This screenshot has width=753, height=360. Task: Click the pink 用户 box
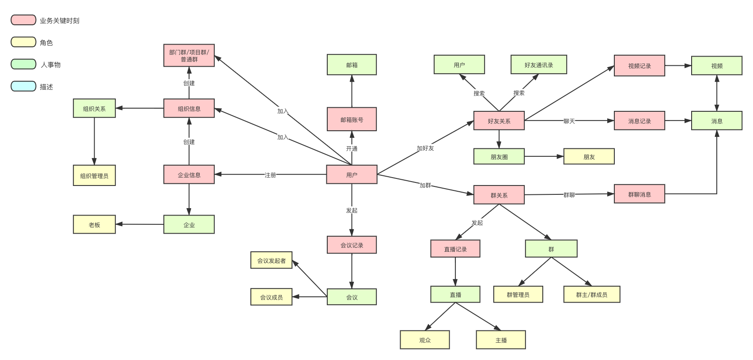pyautogui.click(x=352, y=174)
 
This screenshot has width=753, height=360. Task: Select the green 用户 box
pyautogui.click(x=459, y=64)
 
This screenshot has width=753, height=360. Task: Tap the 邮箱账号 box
pyautogui.click(x=352, y=119)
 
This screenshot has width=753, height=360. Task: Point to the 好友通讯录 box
pyautogui.click(x=538, y=64)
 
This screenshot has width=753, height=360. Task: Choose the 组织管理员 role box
pyautogui.click(x=94, y=175)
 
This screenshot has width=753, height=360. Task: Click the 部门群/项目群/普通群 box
pyautogui.click(x=189, y=56)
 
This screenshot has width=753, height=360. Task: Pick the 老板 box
pyautogui.click(x=94, y=224)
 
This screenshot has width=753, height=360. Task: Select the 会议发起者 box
pyautogui.click(x=271, y=260)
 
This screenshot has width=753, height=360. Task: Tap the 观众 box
pyautogui.click(x=424, y=340)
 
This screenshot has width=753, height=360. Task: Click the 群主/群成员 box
pyautogui.click(x=592, y=295)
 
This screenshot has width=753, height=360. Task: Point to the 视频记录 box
pyautogui.click(x=639, y=65)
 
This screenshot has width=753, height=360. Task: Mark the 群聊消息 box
pyautogui.click(x=639, y=194)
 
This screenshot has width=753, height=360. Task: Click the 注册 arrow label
pyautogui.click(x=270, y=175)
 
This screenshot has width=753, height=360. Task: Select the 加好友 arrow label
pyautogui.click(x=425, y=148)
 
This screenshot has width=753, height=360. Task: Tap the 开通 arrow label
pyautogui.click(x=352, y=148)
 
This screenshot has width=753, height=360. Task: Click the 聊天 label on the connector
pyautogui.click(x=569, y=121)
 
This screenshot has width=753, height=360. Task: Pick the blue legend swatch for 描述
pyautogui.click(x=23, y=86)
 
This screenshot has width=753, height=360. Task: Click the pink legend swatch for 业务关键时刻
pyautogui.click(x=23, y=20)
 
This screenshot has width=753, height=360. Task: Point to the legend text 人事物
pyautogui.click(x=50, y=64)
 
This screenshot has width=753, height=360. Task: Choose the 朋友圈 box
pyautogui.click(x=499, y=156)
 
